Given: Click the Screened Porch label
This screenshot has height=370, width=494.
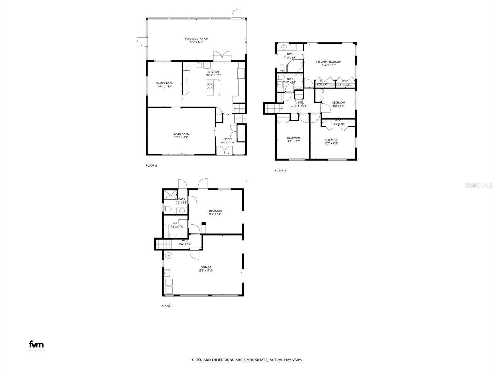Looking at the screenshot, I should tap(196, 39).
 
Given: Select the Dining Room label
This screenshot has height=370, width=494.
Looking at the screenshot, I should tap(165, 83).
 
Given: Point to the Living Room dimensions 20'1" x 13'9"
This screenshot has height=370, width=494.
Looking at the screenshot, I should tap(181, 138).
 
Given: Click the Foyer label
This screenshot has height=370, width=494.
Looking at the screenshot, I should tap(228, 139).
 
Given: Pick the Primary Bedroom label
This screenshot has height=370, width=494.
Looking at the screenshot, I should tap(328, 62).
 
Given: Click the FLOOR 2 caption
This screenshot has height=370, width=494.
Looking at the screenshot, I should tap(151, 166).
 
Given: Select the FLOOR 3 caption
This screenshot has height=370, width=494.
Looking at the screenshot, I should tap(281, 171).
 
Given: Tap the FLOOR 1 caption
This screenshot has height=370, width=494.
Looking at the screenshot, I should tap(167, 306).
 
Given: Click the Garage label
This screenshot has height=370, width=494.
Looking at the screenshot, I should tap(206, 267).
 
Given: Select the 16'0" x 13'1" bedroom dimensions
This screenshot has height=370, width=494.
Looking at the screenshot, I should tap(215, 214).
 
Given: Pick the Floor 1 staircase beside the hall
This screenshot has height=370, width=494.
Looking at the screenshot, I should tap(163, 245).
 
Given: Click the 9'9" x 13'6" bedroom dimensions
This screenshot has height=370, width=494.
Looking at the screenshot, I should tap(293, 141).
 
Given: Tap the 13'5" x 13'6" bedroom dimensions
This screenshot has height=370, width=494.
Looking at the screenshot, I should tap(331, 143).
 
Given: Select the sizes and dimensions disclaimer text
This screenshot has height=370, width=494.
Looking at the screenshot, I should tap(247, 360).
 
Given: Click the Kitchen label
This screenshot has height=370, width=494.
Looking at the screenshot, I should tap(213, 72).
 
